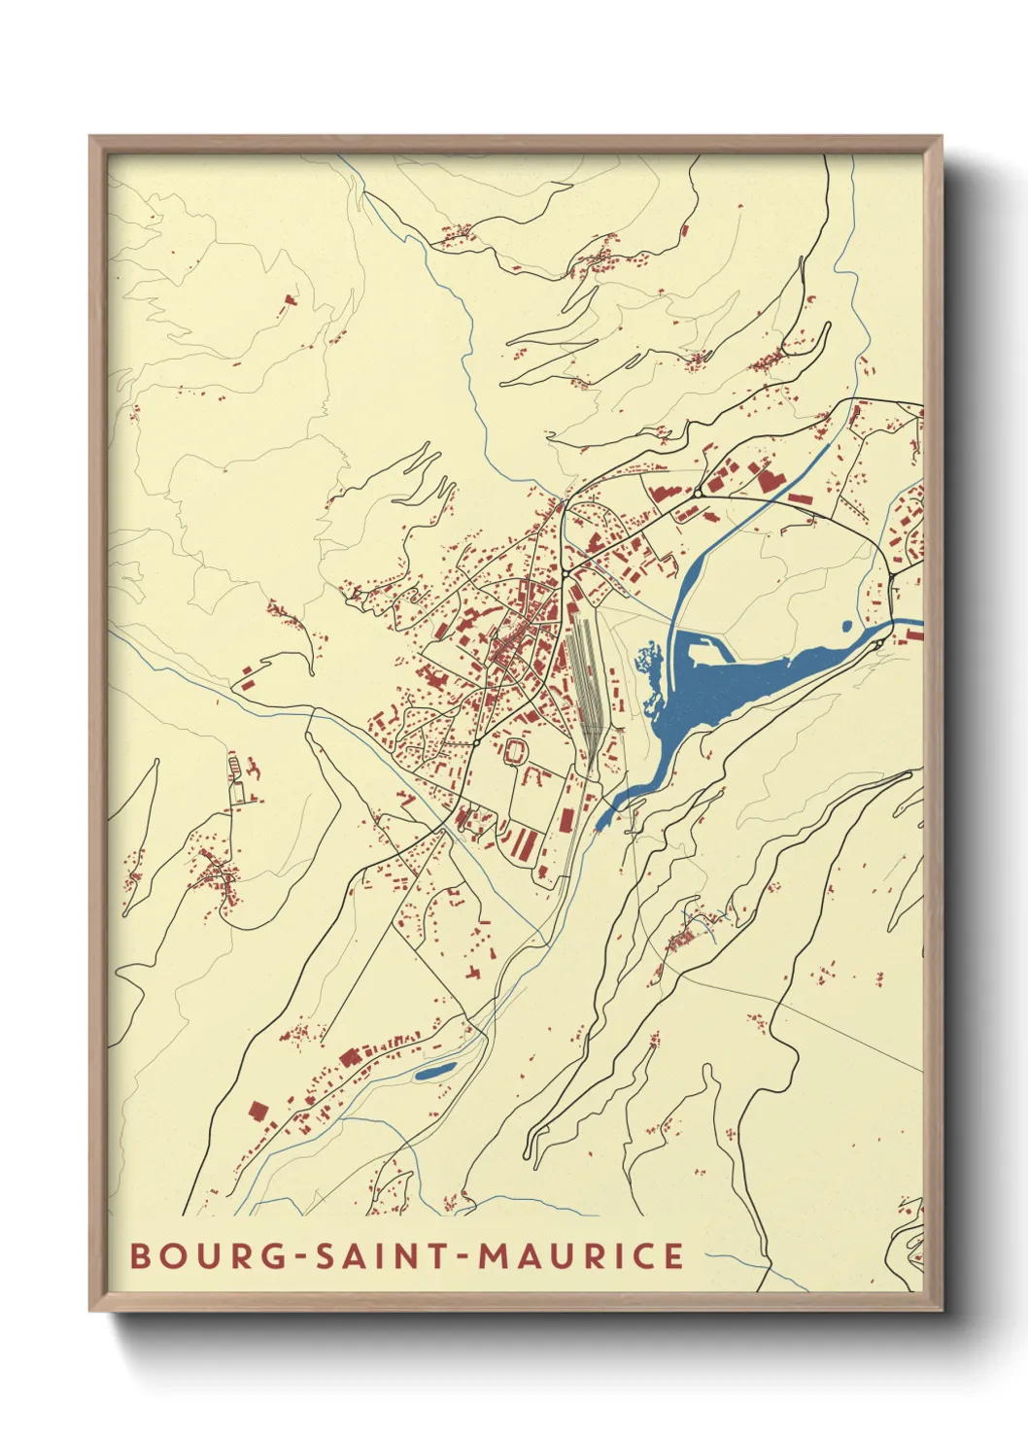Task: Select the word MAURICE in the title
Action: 581,1255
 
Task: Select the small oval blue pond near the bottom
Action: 434,1072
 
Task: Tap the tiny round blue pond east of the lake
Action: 846,625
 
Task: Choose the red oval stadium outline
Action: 515,749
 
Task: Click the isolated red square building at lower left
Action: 257,1110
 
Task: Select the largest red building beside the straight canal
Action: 768,479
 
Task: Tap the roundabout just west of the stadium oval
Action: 476,743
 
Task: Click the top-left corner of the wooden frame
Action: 90,137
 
